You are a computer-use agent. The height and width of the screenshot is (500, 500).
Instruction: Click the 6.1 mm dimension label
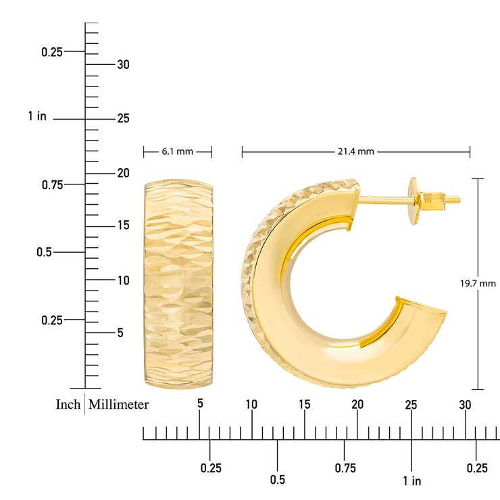(x=177, y=152)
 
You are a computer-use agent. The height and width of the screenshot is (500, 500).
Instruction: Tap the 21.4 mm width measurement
(x=355, y=152)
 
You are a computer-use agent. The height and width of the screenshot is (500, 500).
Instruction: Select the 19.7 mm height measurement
(x=479, y=284)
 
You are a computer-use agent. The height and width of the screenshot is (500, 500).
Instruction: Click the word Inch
(x=68, y=405)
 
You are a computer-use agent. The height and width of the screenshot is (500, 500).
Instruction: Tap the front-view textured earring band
(x=178, y=284)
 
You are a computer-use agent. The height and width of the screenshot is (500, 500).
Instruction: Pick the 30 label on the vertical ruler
(x=123, y=65)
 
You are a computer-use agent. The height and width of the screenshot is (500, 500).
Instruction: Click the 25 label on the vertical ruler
(x=123, y=119)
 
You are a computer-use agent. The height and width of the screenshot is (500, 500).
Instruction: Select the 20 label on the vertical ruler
(x=123, y=173)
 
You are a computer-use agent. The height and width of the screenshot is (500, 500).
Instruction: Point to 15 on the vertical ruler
(x=123, y=225)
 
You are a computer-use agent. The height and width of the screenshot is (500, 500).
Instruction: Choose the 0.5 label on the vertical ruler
(x=44, y=252)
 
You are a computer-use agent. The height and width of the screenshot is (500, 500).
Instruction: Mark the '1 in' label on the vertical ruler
(x=37, y=117)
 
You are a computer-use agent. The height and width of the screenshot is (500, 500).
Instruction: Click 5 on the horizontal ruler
(x=199, y=404)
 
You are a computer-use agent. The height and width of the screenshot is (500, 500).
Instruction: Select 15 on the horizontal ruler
(x=305, y=404)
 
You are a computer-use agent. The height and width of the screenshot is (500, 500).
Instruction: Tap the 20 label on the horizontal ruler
(x=357, y=404)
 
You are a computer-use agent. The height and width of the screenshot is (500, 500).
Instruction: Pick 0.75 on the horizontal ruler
(x=345, y=468)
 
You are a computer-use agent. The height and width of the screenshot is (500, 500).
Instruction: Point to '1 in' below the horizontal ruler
(x=411, y=481)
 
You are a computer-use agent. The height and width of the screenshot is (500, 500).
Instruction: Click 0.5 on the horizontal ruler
(x=278, y=480)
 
